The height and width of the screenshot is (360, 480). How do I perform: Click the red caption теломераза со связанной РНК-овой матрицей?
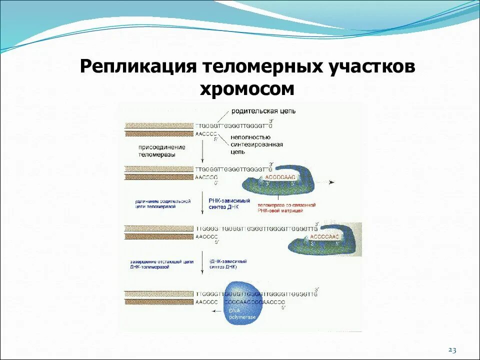[x=286, y=207]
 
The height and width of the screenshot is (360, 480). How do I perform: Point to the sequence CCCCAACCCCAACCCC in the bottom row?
[x=254, y=302]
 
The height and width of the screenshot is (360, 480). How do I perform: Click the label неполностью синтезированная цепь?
[x=256, y=144]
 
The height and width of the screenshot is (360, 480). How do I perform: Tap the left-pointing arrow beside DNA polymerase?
[x=213, y=311]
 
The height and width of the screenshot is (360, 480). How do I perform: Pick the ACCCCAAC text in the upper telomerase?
[x=280, y=177]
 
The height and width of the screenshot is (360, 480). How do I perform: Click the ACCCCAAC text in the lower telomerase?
[x=324, y=236]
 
